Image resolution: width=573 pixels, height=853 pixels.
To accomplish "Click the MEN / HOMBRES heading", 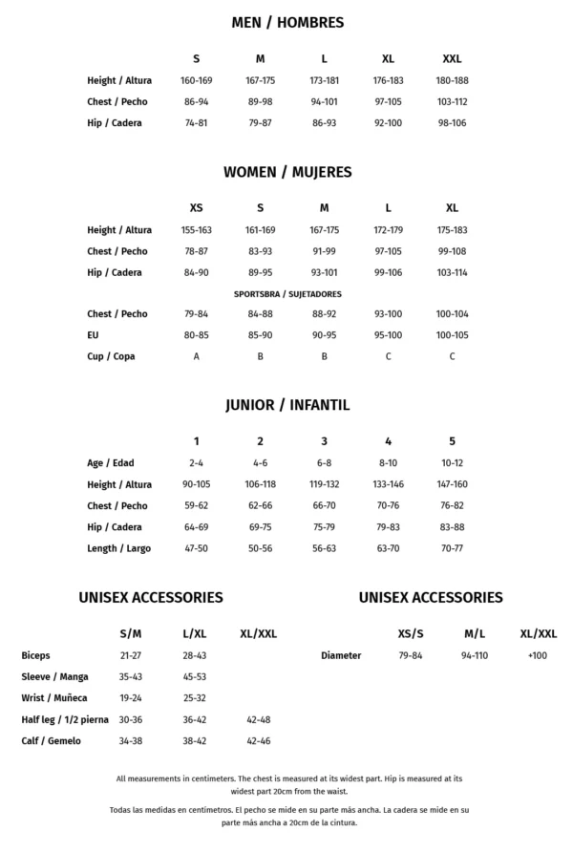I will tap(287, 22).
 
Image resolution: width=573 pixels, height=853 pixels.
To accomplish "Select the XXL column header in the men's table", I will tap(452, 59).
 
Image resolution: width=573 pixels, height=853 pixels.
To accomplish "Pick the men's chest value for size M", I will tap(260, 102).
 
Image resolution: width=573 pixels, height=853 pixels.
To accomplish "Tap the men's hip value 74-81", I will tap(196, 123).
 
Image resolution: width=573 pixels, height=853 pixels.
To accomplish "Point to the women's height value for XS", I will tap(196, 230).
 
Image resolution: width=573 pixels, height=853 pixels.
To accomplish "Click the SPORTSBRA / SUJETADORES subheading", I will tap(287, 294).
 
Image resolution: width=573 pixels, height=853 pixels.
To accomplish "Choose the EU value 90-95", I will tap(324, 335).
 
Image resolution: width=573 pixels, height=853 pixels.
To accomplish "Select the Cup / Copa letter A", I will tap(196, 356).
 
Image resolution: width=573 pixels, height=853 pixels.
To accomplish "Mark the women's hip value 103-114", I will tap(452, 272).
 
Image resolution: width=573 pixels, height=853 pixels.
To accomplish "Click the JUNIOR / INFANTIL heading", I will tap(287, 405).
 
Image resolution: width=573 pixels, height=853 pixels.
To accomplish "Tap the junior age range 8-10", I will tap(388, 463).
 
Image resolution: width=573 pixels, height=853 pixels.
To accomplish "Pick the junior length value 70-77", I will tap(452, 548).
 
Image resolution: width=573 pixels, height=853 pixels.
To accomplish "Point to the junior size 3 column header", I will tap(324, 441).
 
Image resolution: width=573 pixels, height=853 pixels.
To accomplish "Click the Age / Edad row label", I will tap(111, 463).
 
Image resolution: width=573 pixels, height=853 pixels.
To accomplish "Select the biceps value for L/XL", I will tap(195, 656).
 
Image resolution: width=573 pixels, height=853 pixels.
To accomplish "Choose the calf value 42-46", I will tap(259, 740).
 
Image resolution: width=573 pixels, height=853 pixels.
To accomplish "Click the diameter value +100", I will tap(538, 656).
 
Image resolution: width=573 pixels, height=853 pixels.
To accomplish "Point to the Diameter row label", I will tap(341, 656).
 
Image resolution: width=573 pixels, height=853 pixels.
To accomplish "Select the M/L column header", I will tap(475, 633).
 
